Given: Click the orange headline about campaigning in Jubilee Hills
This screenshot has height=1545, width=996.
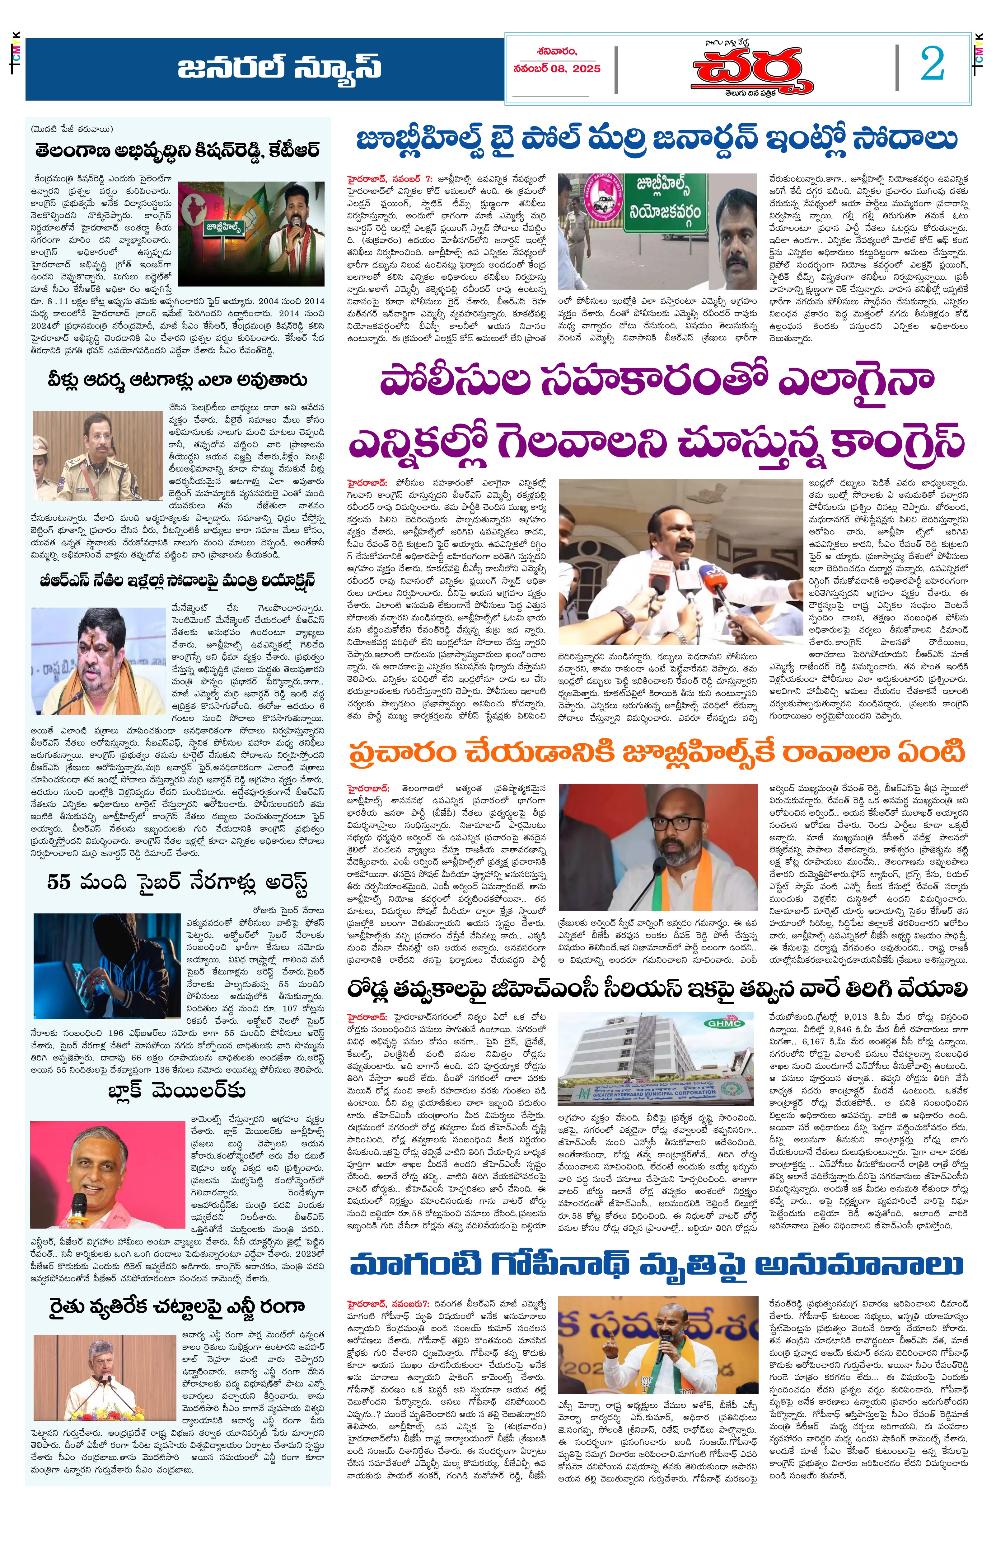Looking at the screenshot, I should (656, 752).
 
